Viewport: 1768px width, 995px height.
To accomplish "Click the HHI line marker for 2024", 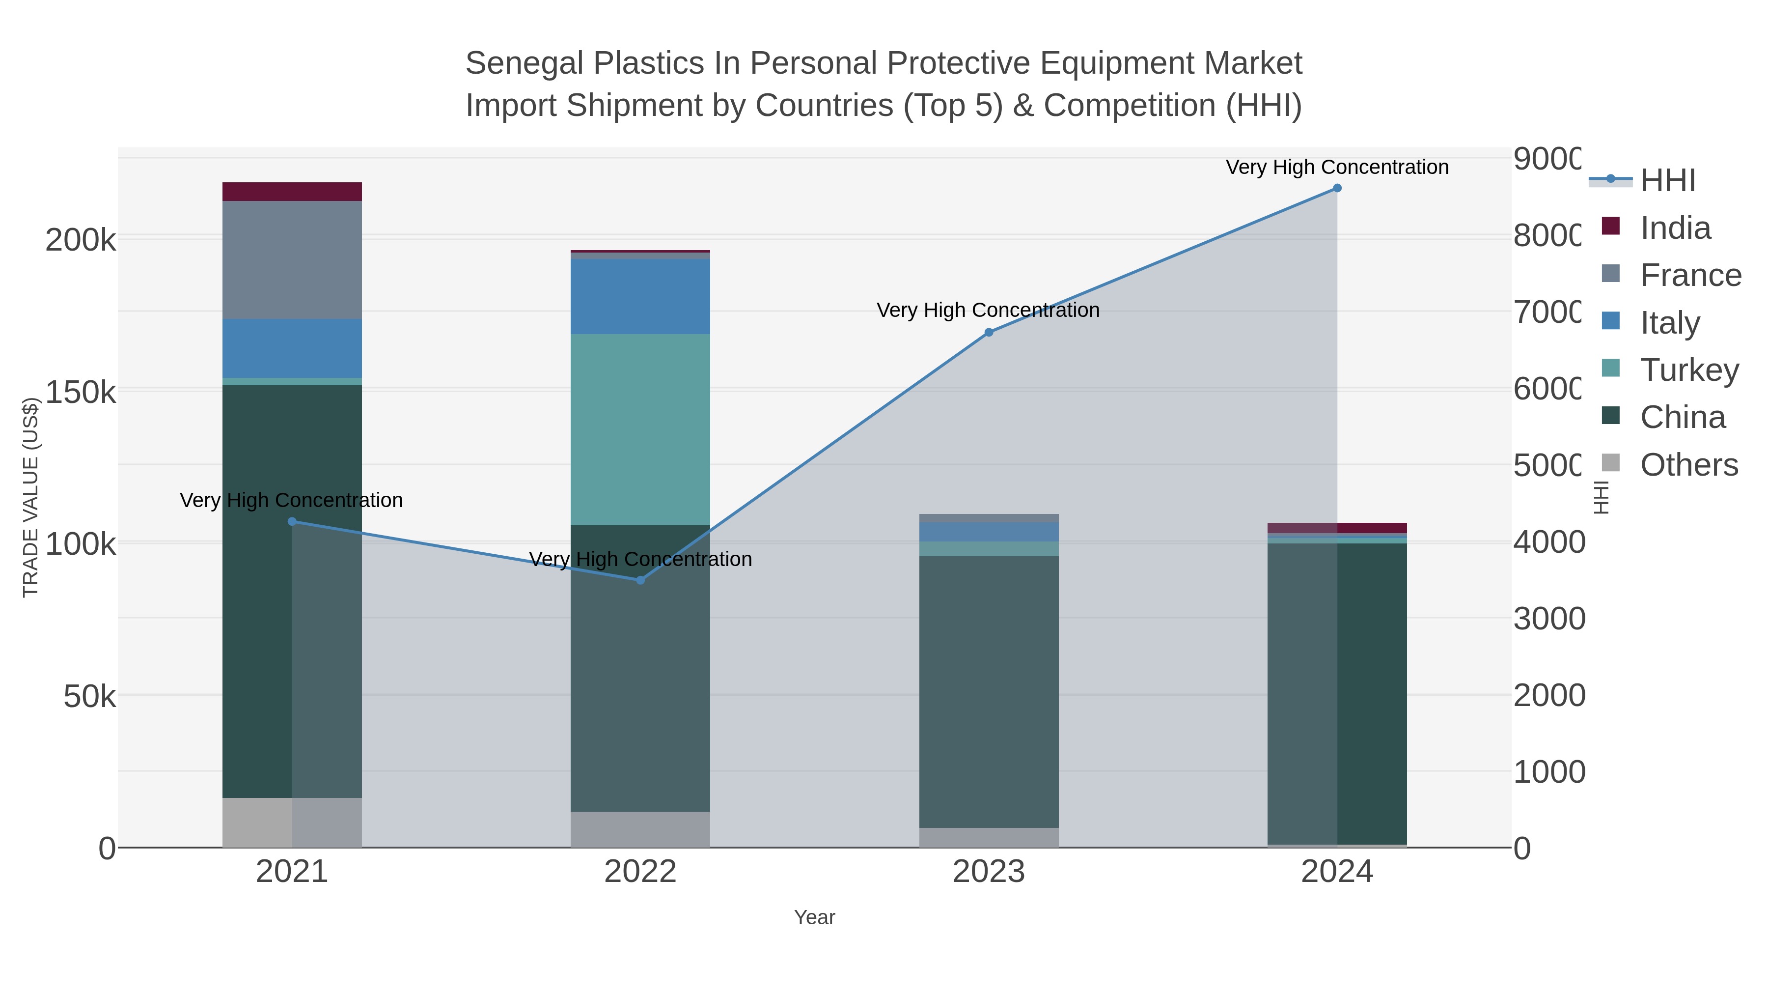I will point(1336,188).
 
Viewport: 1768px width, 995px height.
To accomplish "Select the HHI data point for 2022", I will point(640,580).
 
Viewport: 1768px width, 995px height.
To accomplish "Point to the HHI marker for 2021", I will point(292,522).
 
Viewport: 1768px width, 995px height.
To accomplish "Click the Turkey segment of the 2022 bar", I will point(640,429).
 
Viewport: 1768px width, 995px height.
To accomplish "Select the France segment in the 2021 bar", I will point(292,259).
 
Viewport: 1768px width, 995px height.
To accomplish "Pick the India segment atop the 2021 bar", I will point(292,192).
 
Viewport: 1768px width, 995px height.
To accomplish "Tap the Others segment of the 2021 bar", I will point(257,822).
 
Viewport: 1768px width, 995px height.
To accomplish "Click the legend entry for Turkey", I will point(1689,370).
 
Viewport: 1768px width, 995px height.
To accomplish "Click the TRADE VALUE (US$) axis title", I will point(31,497).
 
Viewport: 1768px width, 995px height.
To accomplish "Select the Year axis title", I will point(814,917).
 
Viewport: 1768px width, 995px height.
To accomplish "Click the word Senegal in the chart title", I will point(524,63).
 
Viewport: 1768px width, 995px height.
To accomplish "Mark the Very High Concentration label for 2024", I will point(1336,168).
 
